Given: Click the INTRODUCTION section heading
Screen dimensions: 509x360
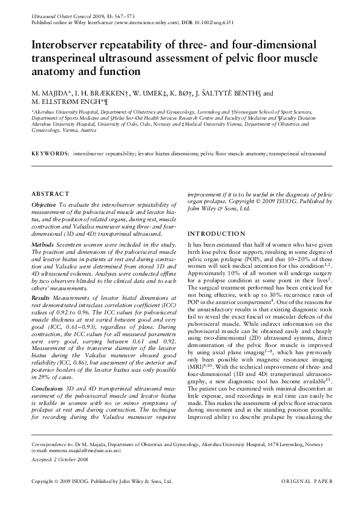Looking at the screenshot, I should tap(216, 234).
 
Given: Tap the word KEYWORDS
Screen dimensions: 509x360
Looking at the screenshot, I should tap(50, 155).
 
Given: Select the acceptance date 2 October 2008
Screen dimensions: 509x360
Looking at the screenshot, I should tap(71, 460).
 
